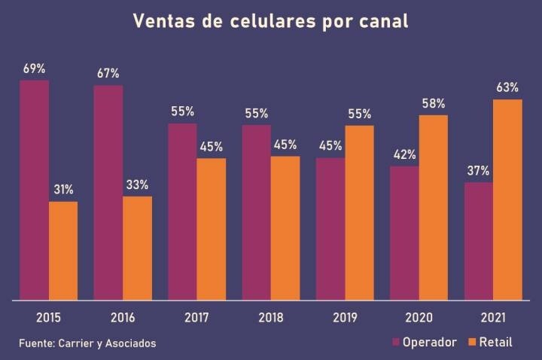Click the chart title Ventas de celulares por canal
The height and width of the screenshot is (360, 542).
(x=271, y=21)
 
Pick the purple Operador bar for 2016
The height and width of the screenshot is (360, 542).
(x=108, y=193)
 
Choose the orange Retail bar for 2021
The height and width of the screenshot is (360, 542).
(x=507, y=200)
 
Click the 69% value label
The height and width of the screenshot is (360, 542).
(x=35, y=69)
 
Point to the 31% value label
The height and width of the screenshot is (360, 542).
(x=63, y=189)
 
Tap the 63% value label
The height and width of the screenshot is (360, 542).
(x=507, y=87)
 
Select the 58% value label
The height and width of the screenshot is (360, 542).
(x=434, y=103)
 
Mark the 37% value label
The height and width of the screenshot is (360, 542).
(x=479, y=170)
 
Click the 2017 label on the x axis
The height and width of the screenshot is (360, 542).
(x=196, y=317)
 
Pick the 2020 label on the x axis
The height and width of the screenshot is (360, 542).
(x=419, y=317)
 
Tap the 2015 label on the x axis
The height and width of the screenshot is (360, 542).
(x=48, y=317)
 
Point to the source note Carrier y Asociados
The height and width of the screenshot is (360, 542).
(x=87, y=343)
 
